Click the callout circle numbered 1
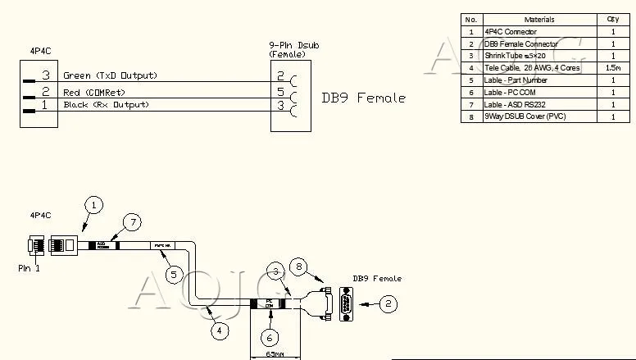(x=94, y=205)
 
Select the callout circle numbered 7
(x=131, y=222)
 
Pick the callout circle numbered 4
(x=220, y=330)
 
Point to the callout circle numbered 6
(x=270, y=337)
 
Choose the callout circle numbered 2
(x=389, y=303)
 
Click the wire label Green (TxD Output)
(x=110, y=76)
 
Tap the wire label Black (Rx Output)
(x=106, y=105)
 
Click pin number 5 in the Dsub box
(x=280, y=92)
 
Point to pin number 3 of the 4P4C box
(x=47, y=76)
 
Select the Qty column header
(x=612, y=19)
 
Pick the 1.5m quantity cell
(x=612, y=68)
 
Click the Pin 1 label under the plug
(x=30, y=267)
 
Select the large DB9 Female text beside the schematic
(x=363, y=98)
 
